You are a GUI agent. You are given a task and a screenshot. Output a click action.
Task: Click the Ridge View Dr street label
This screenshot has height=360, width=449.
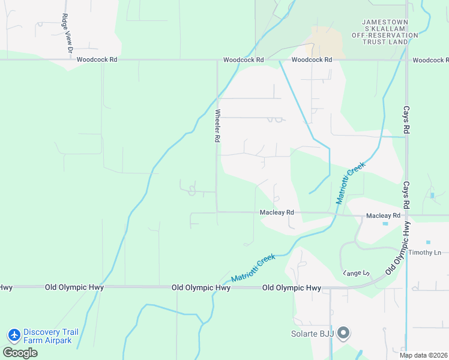click(x=66, y=32)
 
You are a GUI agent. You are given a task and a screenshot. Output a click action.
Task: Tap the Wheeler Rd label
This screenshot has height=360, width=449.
click(x=217, y=125)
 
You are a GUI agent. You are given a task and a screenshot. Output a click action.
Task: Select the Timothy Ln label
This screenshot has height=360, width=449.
click(x=425, y=253)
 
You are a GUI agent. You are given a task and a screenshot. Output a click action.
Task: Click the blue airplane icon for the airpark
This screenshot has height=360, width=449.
click(x=14, y=333)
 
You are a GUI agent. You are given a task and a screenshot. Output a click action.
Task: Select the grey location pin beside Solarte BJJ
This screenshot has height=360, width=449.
click(x=343, y=332)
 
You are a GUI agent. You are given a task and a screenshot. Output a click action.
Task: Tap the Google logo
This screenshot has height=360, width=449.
click(x=20, y=352)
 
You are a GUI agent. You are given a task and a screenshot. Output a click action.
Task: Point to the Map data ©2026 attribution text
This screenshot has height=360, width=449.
click(x=423, y=355)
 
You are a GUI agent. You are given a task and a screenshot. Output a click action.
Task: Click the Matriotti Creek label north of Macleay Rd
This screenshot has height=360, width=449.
click(x=351, y=183)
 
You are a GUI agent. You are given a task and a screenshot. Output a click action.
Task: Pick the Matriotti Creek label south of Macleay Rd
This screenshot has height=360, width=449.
click(x=253, y=268)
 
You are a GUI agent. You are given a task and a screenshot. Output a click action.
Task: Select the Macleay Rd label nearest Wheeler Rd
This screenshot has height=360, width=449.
click(x=277, y=212)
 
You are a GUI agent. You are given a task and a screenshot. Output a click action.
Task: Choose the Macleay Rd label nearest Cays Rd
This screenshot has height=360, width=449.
click(x=383, y=215)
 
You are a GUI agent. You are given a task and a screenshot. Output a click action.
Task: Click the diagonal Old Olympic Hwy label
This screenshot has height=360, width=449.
click(x=398, y=248)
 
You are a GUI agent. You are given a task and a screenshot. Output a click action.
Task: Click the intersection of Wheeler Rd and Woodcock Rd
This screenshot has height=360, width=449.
click(x=217, y=60)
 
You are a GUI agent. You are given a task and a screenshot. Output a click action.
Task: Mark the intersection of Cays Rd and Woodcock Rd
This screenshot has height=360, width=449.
click(x=406, y=60)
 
